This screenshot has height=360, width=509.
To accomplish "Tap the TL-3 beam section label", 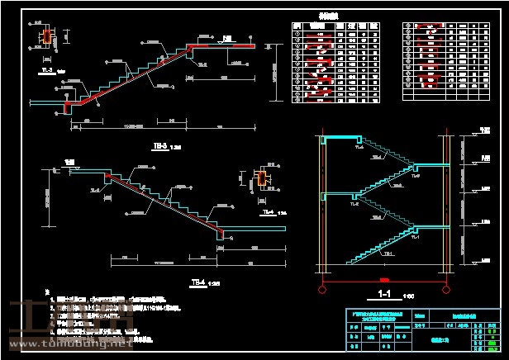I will pos(47,71).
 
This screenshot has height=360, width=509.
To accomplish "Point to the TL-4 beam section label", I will pos(267,211).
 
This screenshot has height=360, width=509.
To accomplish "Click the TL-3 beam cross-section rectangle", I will pos(47,36).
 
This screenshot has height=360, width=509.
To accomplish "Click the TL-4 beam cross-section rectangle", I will pos(263,178).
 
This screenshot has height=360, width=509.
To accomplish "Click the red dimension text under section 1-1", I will pos(383,278).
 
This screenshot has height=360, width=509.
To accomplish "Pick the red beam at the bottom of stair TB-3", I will pos(67,105).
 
